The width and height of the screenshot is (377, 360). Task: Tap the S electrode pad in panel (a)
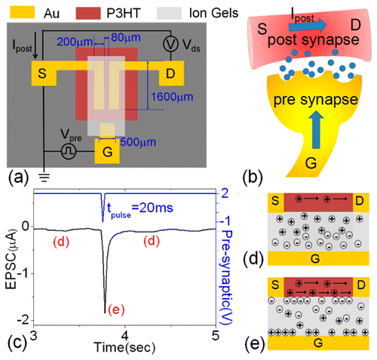[x=40, y=72]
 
